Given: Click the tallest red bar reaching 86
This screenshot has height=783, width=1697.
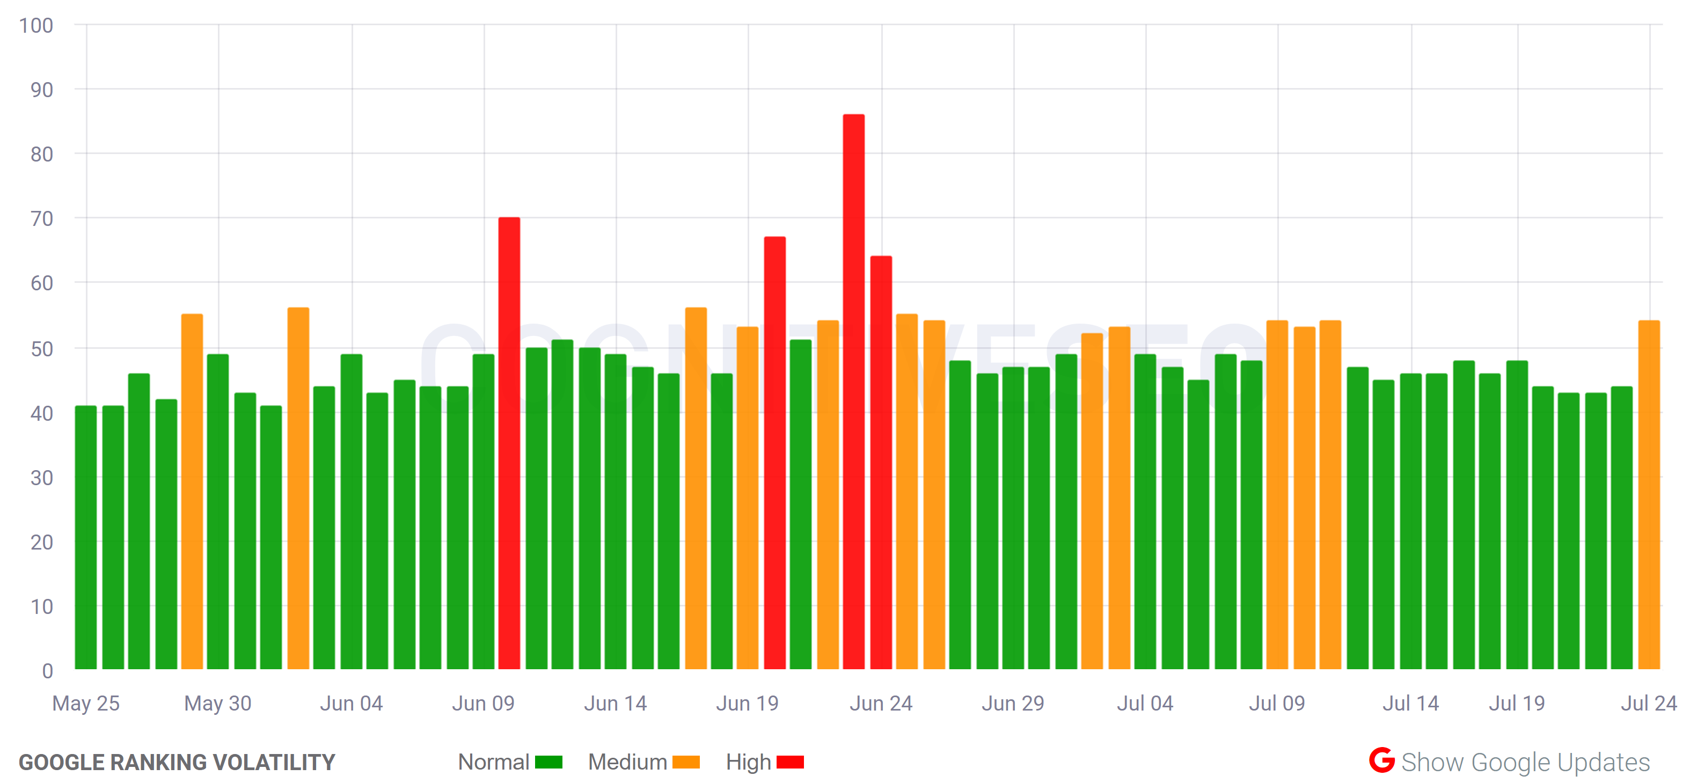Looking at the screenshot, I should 853,391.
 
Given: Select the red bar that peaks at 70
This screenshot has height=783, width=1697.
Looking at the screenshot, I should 509,443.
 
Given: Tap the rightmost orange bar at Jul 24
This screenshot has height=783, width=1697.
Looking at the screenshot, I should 1648,494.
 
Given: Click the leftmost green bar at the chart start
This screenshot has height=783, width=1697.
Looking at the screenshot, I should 86,537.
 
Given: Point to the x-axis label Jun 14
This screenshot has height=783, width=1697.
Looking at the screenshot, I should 615,704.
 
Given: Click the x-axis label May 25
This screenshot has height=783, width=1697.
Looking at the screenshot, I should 86,704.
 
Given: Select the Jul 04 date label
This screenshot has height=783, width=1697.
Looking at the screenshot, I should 1145,704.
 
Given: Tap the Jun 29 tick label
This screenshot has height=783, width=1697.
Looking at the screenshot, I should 1013,704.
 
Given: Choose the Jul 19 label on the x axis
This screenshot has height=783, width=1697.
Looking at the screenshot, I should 1517,704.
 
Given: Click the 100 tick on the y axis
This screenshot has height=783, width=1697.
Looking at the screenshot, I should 36,26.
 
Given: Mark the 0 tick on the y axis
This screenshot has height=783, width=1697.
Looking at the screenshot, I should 47,671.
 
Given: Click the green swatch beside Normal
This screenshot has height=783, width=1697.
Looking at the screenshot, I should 548,762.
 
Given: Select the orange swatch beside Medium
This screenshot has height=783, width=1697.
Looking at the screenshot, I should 686,762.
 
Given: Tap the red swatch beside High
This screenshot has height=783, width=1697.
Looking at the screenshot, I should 790,762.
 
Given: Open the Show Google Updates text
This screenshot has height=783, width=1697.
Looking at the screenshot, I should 1525,762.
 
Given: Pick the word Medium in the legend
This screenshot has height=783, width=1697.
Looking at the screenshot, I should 627,762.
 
